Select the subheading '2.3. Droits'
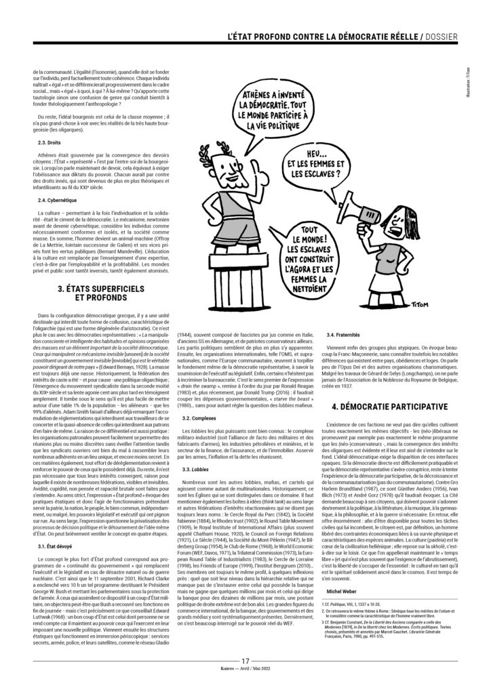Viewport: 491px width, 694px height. (47, 143)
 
